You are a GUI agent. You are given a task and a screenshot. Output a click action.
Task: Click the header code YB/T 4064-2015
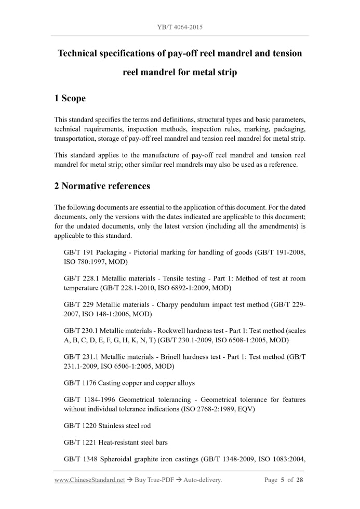[180, 26]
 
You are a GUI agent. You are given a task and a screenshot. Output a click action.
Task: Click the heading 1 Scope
[70, 98]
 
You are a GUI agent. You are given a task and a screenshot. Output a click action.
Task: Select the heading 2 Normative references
[102, 186]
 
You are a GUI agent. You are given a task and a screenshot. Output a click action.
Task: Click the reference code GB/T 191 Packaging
[95, 252]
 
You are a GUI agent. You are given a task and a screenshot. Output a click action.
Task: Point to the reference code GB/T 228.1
[81, 279]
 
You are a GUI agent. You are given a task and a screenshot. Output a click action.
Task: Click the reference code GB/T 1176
[80, 383]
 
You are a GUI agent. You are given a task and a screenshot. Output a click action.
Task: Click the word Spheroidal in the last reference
[115, 459]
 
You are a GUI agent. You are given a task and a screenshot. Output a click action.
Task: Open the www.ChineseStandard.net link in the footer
[89, 480]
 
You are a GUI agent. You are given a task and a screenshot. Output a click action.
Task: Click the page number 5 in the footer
[283, 480]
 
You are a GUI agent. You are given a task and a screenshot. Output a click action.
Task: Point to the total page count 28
[300, 480]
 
